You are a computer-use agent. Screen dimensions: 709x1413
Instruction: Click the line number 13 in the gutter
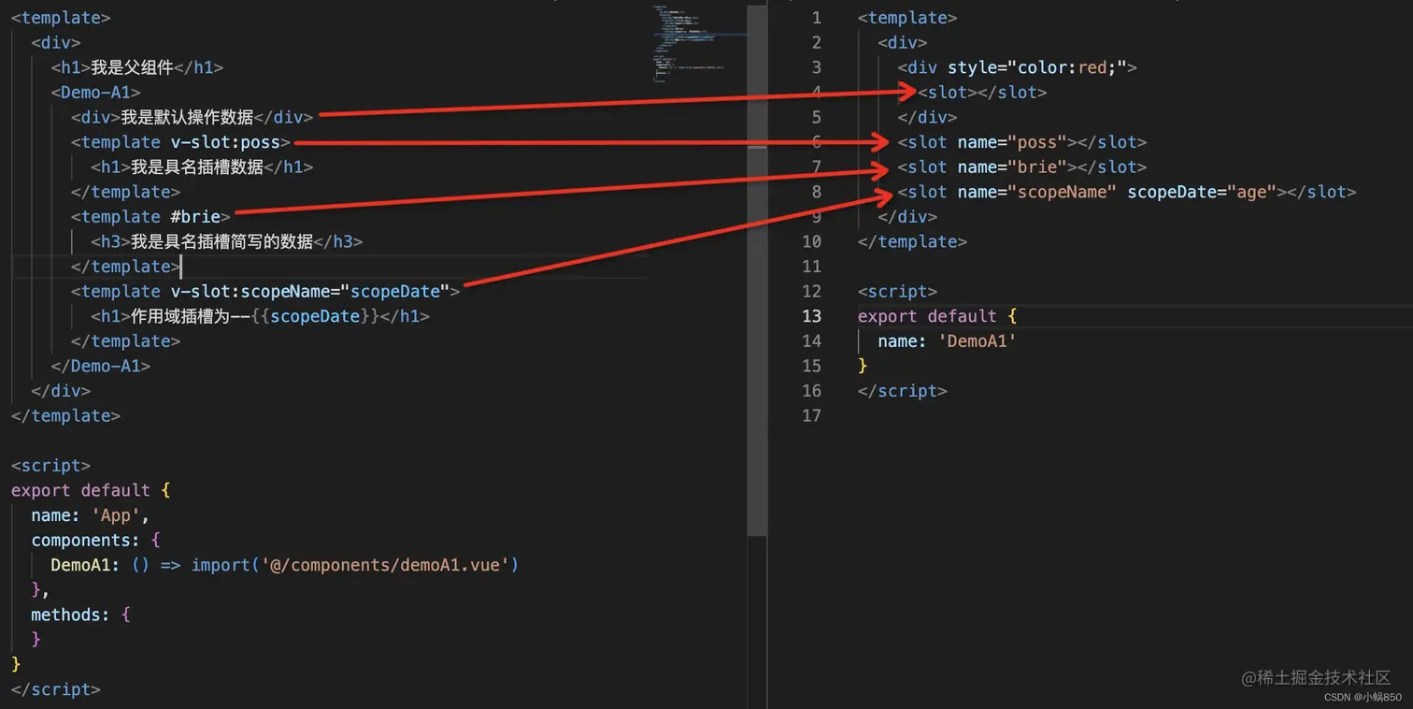pos(810,316)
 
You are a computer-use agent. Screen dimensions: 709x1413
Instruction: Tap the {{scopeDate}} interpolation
pos(315,316)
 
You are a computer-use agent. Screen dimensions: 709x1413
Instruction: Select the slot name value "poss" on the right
pos(1036,142)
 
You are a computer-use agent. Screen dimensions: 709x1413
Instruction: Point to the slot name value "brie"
pos(1036,167)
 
